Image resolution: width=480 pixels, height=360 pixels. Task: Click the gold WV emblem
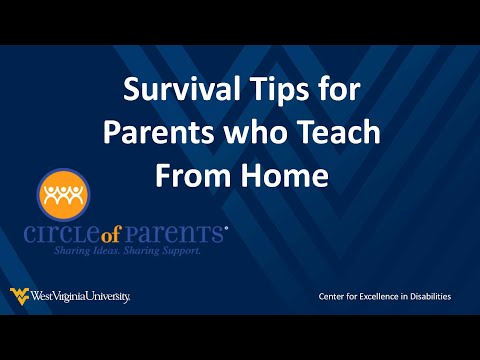pyautogui.click(x=19, y=295)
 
